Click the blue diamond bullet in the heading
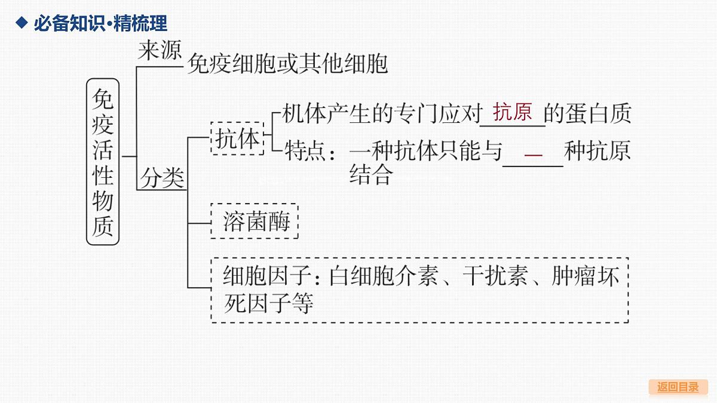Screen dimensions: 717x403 click(22, 23)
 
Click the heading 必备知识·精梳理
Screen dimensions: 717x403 click(100, 23)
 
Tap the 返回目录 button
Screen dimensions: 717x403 click(678, 387)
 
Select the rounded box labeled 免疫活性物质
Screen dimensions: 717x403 click(103, 162)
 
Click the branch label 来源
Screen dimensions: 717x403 click(160, 50)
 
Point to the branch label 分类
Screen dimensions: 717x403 click(162, 178)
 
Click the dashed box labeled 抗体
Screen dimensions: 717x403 click(237, 139)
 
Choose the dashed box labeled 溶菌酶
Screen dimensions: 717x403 click(255, 221)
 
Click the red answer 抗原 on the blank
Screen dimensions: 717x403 click(513, 112)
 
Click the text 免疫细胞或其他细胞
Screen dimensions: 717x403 click(287, 64)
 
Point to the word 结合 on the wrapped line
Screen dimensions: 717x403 click(370, 174)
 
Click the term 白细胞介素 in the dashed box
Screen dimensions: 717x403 click(384, 276)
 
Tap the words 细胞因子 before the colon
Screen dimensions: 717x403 click(267, 276)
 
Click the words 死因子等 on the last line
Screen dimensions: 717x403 click(268, 303)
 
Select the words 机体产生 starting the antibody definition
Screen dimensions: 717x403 click(326, 113)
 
